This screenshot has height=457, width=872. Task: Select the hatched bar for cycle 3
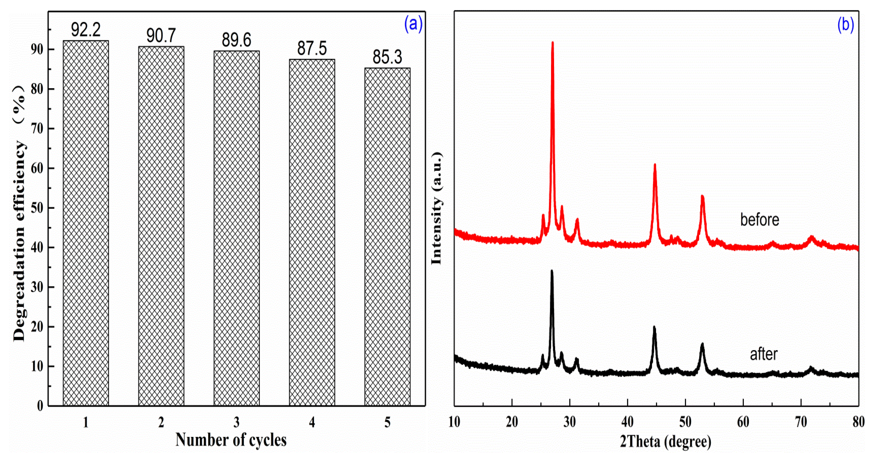[x=237, y=228]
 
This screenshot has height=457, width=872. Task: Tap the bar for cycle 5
[x=387, y=237]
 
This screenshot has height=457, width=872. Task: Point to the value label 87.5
[x=312, y=48]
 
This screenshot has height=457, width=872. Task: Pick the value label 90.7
[x=161, y=36]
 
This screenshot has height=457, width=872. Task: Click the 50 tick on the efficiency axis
[x=37, y=208]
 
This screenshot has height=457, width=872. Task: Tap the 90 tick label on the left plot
[x=37, y=50]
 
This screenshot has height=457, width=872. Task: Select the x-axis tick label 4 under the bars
[x=312, y=422]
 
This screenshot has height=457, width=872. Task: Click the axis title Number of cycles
[x=231, y=440]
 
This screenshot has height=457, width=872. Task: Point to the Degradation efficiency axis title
[x=19, y=213]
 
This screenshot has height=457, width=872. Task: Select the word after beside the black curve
[x=764, y=354]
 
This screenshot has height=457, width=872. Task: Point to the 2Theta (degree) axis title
[x=666, y=441]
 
